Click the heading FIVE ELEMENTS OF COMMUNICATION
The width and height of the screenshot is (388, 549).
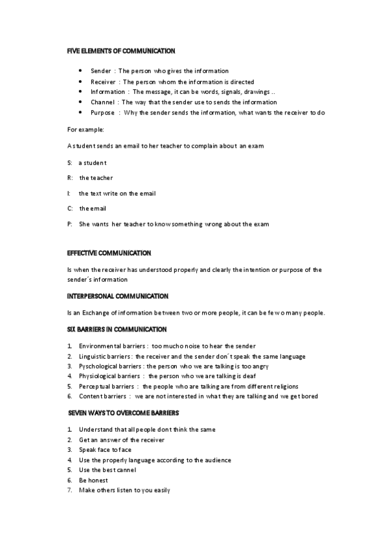pos(121,50)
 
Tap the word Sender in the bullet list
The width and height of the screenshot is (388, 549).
pos(100,71)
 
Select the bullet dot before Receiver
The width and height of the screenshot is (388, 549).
pos(79,82)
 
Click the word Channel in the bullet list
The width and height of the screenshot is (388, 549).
pos(102,102)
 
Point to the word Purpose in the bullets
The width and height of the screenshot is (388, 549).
pos(102,113)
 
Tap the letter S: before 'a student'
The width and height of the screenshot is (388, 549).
pos(70,162)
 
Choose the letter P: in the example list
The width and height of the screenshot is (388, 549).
pos(70,224)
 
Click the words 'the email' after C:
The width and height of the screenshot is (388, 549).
pos(93,208)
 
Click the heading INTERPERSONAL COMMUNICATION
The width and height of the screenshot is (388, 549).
pos(118,295)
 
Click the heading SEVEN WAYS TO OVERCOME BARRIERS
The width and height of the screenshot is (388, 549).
pos(124,412)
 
